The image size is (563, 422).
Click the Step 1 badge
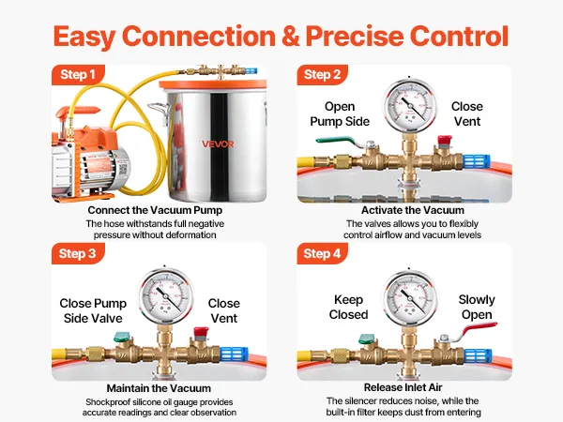pyautogui.click(x=79, y=74)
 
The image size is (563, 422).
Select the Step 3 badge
pyautogui.click(x=79, y=253)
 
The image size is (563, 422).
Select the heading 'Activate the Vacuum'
pyautogui.click(x=401, y=209)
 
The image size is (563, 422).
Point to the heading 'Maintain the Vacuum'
pyautogui.click(x=158, y=387)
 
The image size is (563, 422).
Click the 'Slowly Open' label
pyautogui.click(x=477, y=307)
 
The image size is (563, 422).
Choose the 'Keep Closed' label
pyautogui.click(x=348, y=307)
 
